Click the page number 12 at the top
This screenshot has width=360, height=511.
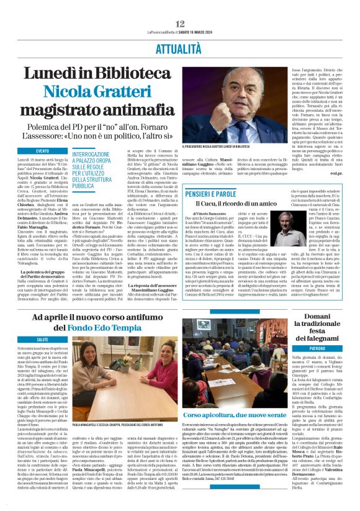[181, 23]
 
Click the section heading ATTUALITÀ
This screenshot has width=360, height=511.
[180, 48]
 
